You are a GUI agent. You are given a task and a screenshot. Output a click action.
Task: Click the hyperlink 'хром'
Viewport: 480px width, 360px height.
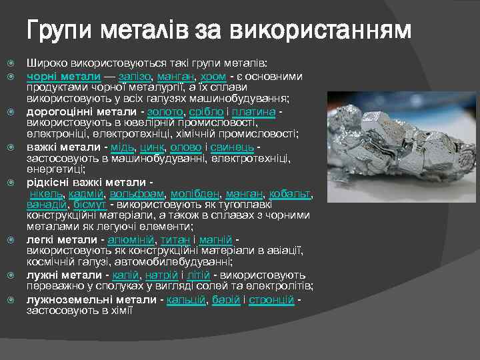(x=213, y=77)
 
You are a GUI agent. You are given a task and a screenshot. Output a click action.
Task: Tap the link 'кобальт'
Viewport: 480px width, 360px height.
(x=291, y=194)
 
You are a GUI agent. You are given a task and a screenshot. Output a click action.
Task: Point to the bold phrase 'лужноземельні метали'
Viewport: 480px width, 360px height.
(x=92, y=300)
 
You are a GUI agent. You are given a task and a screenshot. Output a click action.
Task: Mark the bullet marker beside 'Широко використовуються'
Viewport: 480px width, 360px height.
(x=9, y=63)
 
